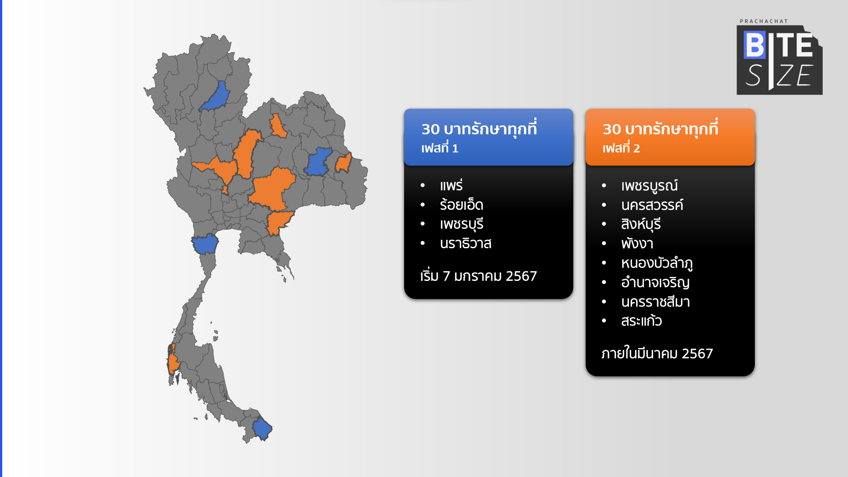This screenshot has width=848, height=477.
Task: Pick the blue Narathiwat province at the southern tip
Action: coord(262,428)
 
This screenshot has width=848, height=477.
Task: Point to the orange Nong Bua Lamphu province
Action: coord(278,125)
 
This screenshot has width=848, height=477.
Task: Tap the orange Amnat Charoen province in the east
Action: coord(343,163)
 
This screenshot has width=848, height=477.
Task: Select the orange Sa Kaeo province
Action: coord(279,223)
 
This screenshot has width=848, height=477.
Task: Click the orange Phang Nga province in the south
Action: coord(173,360)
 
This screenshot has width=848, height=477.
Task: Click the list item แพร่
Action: coord(451,185)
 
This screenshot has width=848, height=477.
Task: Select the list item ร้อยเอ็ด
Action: coord(462,205)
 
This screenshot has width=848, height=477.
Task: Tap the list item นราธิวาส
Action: coord(466,243)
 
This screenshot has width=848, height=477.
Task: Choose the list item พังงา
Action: coord(637,243)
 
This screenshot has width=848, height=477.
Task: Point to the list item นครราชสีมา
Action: coord(655,302)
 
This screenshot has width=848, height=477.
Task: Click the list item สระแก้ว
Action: coord(641,321)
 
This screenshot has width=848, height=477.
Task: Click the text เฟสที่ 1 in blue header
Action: coord(440,148)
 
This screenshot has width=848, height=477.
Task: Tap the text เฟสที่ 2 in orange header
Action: coord(621,148)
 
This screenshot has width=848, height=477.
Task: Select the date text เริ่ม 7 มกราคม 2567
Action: coord(479,276)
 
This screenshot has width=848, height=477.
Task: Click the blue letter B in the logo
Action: coord(754,45)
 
